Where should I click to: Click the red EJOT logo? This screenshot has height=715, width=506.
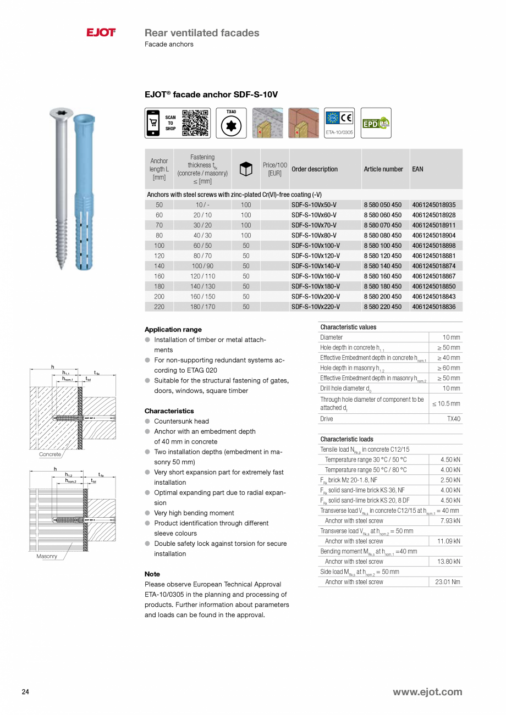point(101,33)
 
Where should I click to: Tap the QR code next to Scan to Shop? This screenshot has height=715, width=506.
point(195,123)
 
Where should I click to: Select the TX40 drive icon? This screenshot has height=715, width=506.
point(231,124)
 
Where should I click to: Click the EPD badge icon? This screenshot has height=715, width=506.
point(376,123)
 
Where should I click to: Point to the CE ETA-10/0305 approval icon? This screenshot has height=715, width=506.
point(339,120)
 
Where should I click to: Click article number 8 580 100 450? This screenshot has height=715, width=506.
point(382,246)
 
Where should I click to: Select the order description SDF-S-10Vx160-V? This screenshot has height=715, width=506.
point(315,276)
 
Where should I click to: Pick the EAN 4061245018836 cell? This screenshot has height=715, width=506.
point(433,307)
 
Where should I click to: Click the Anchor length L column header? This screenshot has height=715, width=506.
point(159,169)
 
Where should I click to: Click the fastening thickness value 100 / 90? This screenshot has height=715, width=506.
point(202,266)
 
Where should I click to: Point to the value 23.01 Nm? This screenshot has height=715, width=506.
point(447,582)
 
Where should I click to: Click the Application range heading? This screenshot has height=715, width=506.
point(173,330)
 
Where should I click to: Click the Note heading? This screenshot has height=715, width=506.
point(152,574)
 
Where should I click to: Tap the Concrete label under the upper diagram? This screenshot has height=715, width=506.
point(50,455)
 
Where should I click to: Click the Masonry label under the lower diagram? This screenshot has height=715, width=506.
point(47,556)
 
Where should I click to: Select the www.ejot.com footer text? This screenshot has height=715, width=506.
point(427,692)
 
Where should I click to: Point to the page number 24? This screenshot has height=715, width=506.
point(25,692)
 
